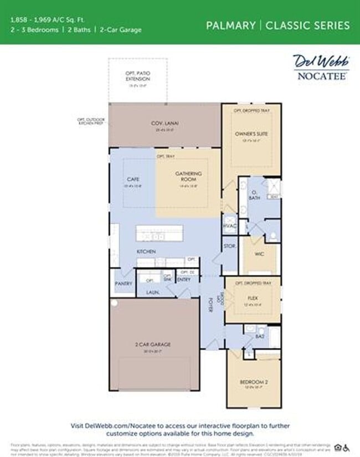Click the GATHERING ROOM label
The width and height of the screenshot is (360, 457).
(189, 177)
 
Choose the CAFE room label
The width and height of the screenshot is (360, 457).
(132, 179)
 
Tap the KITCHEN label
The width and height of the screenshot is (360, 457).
(146, 251)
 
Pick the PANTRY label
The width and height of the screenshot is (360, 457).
(124, 283)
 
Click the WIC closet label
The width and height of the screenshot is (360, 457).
(260, 255)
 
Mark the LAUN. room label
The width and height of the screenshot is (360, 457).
(153, 291)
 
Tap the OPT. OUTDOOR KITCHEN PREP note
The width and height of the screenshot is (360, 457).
(92, 120)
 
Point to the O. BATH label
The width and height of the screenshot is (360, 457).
(254, 195)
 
